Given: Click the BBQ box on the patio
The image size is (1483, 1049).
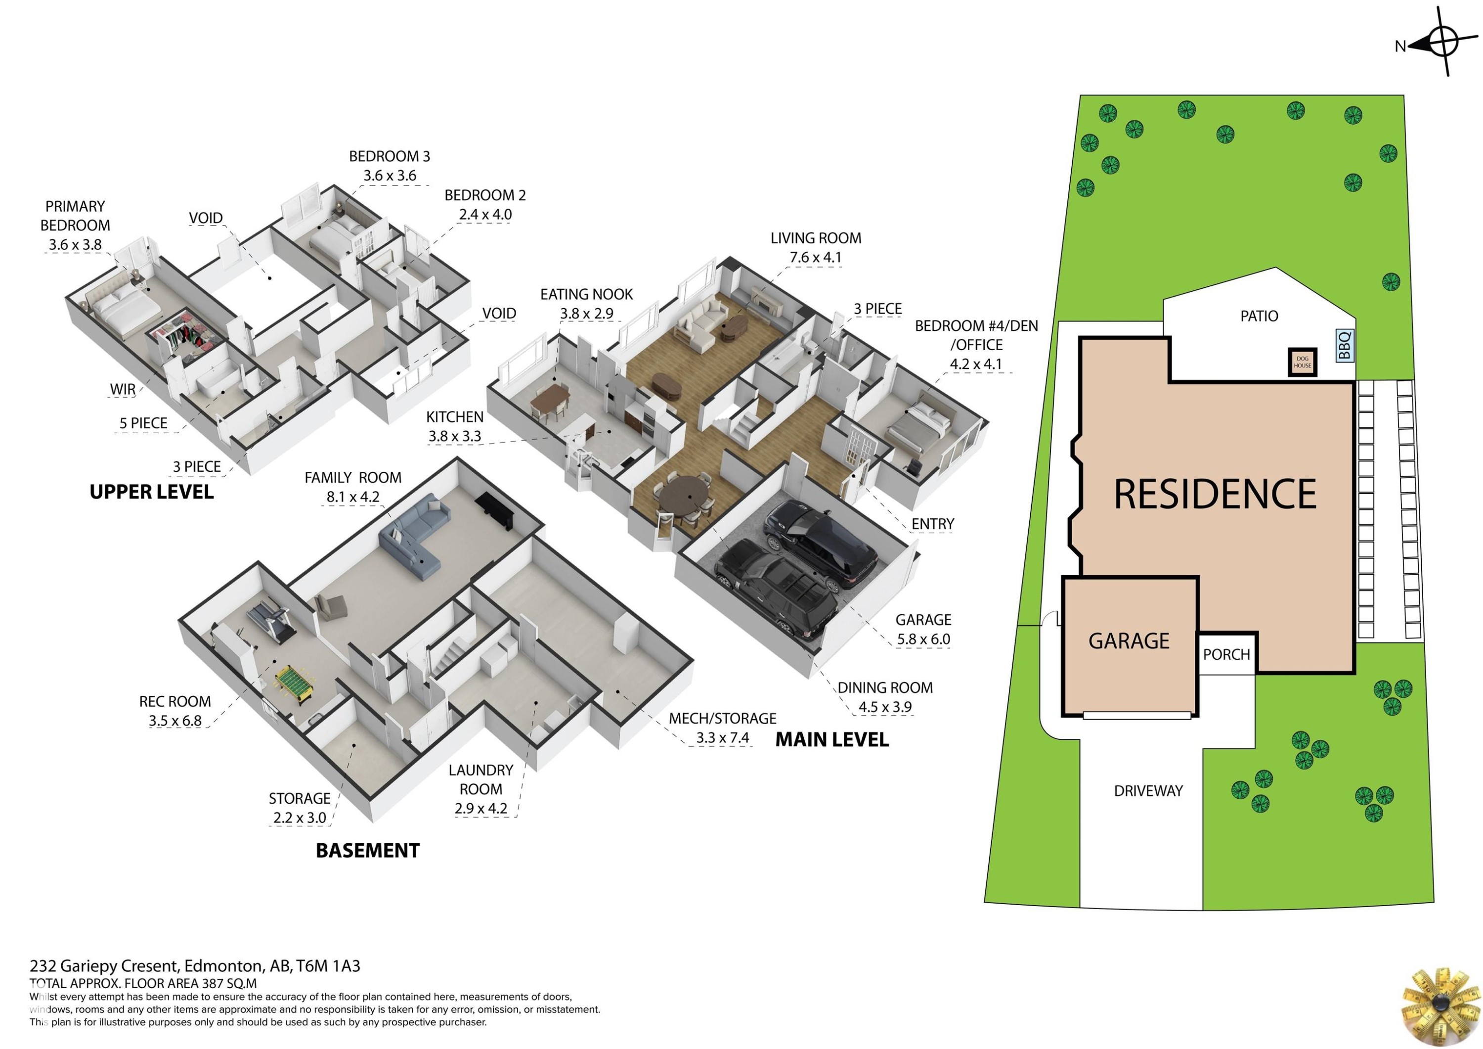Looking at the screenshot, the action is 1345,345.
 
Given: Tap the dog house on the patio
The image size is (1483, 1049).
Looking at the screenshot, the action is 1302,362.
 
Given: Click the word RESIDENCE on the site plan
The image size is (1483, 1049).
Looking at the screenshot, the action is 1215,495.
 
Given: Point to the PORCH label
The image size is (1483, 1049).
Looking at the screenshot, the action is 1226,655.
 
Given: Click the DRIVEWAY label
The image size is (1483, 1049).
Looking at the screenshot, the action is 1148,790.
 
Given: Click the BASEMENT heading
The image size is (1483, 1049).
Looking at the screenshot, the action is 367,851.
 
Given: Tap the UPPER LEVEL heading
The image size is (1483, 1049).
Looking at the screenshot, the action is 151,493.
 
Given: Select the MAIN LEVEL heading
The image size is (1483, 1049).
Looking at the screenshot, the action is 832,740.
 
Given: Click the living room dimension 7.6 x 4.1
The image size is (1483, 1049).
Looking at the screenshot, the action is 815,257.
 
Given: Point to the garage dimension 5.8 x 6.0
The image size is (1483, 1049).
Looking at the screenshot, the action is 923,639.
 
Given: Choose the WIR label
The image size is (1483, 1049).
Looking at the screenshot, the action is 123,389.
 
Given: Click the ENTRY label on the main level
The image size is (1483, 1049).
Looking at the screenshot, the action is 933,524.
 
